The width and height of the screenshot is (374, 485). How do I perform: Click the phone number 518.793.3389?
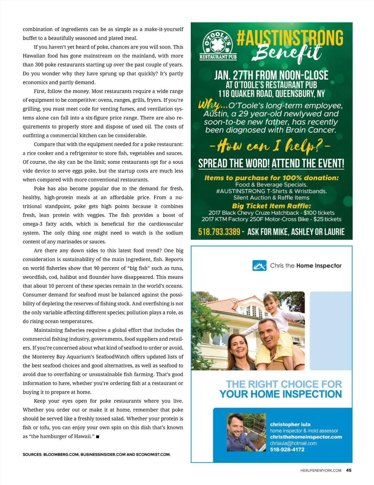coord(219,232)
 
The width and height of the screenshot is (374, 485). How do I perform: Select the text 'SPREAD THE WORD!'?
coord(234,163)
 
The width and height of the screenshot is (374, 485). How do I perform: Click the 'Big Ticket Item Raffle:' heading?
coord(271,206)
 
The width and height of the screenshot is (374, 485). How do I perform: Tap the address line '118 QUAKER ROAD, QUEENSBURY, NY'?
coord(271,94)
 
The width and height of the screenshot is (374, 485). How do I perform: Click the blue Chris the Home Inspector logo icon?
coord(259,266)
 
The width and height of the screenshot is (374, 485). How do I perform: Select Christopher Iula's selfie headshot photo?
coord(246,432)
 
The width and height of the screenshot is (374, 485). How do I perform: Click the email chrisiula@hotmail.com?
coord(293,443)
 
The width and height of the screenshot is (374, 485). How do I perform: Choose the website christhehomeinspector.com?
coord(306,437)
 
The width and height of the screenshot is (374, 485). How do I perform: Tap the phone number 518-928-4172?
coord(287,450)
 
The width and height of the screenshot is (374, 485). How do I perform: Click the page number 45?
coord(349,470)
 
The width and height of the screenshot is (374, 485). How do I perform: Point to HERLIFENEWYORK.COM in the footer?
coord(321,471)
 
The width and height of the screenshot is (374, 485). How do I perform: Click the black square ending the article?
coord(98,437)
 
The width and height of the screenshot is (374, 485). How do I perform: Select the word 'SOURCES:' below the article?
coord(32,454)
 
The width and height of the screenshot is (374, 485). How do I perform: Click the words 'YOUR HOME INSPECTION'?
coord(280,394)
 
